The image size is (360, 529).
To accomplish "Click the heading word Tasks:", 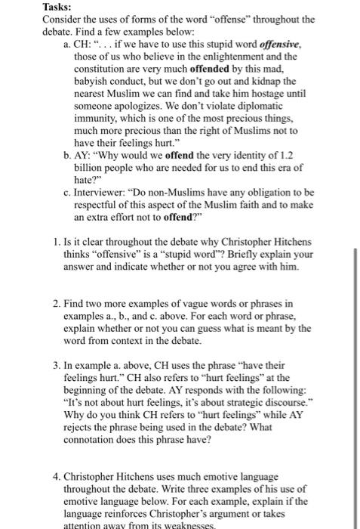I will click(58, 8).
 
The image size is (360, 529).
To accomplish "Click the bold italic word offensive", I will click(281, 46).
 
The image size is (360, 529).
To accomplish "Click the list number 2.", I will click(57, 304).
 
